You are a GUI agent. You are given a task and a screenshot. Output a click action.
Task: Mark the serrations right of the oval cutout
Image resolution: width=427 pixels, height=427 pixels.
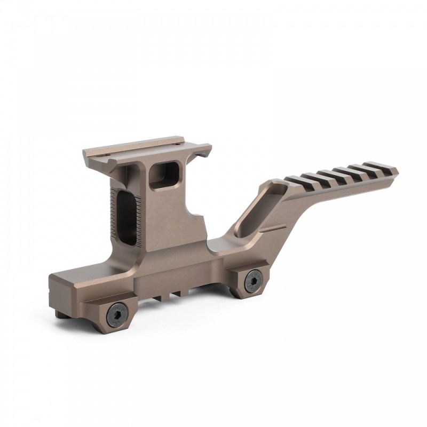tap(140, 216)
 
